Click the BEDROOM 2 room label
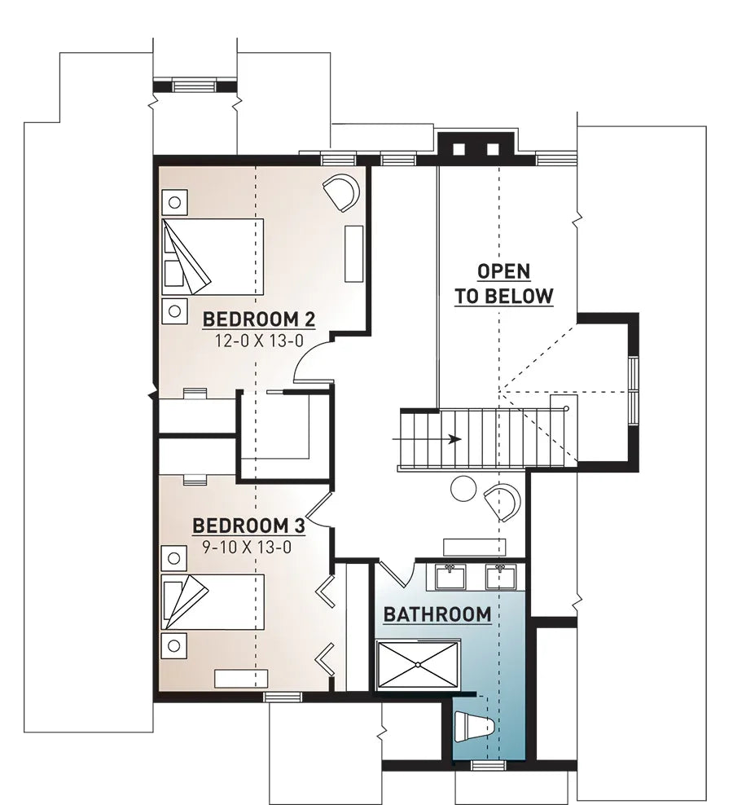pos(258,317)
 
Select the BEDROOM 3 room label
pos(248,526)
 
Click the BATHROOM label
pos(437,614)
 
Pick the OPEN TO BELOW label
pos(503,284)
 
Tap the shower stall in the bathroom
pos(419,665)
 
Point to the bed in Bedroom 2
pos(213,256)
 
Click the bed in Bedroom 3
pos(213,601)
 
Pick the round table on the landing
pos(463,488)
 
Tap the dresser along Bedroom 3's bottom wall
pos(235,678)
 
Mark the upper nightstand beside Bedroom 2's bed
pos(173,200)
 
